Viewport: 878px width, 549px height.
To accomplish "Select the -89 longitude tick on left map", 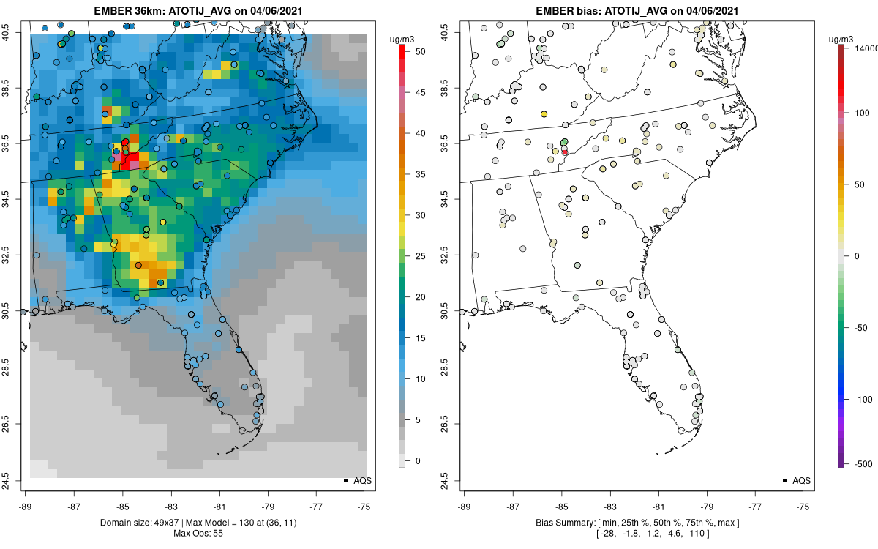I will pos(26,506).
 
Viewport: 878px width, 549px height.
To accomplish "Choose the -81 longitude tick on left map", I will pos(219,506).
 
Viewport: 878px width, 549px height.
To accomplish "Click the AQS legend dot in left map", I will pos(345,480).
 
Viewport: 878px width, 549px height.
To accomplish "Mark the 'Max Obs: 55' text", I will pos(198,533).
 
